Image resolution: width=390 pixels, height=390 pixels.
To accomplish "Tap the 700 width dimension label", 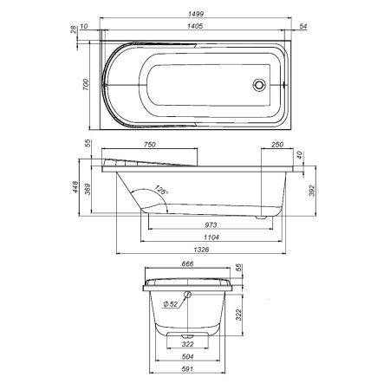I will pyautogui.click(x=87, y=82).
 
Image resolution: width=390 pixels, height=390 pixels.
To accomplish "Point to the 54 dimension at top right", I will pyautogui.click(x=302, y=27).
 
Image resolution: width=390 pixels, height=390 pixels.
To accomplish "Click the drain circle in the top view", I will pyautogui.click(x=257, y=85).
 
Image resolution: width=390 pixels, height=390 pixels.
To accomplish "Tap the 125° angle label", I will pyautogui.click(x=160, y=190).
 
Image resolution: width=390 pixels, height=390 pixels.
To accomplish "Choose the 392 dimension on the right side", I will pyautogui.click(x=313, y=191).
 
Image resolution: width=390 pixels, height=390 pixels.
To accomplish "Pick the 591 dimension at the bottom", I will pyautogui.click(x=188, y=370).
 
